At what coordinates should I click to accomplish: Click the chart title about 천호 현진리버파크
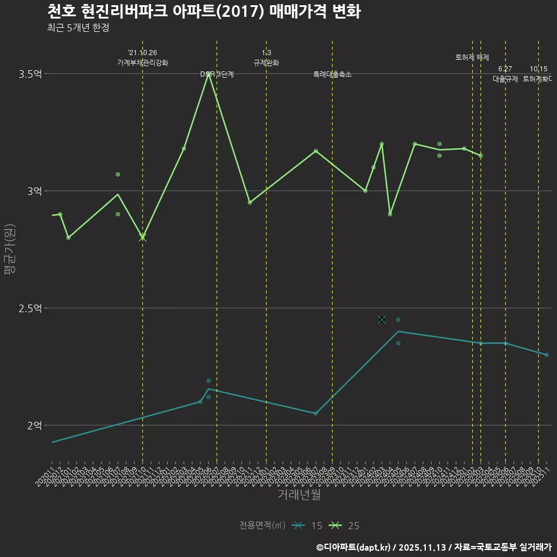204,11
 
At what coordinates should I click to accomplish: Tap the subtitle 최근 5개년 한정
78,28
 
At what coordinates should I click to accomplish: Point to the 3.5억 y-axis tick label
31,74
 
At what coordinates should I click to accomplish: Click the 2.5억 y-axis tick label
31,308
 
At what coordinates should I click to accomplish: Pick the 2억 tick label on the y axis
35,425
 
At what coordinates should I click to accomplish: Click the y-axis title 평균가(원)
10,250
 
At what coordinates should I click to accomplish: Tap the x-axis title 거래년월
299,495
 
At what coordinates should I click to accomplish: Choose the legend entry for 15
308,526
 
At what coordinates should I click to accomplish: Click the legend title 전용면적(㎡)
262,526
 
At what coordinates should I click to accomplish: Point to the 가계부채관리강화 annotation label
143,63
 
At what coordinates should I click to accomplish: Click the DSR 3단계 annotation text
217,74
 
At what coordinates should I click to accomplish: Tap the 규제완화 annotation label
266,63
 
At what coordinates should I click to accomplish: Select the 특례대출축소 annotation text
332,74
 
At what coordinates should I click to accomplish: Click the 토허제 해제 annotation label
472,57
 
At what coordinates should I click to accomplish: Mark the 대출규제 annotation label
505,79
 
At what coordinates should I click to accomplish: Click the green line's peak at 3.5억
208,74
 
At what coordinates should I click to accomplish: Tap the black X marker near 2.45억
382,320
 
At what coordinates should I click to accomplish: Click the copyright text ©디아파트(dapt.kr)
355,547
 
